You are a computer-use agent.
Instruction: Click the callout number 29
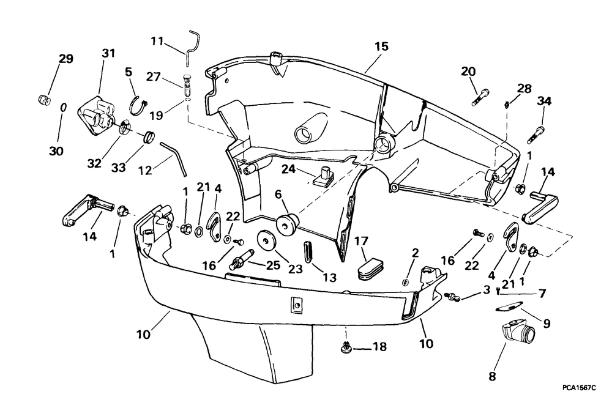pos(66,59)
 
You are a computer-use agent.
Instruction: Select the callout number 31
pos(108,53)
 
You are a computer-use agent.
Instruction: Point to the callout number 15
pos(382,46)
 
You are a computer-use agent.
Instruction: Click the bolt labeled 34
pos(536,135)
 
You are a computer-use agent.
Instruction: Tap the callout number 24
pos(289,169)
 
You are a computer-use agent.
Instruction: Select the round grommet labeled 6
pos(287,225)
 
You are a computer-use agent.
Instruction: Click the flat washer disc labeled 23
pos(267,241)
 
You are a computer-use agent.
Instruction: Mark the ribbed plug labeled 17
pos(371,267)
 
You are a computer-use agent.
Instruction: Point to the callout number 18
pos(380,346)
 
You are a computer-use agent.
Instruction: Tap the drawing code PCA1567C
pos(579,387)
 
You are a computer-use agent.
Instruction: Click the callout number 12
pos(146,171)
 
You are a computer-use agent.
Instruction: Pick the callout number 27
pos(154,77)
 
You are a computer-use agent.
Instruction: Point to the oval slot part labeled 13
pos(308,253)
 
